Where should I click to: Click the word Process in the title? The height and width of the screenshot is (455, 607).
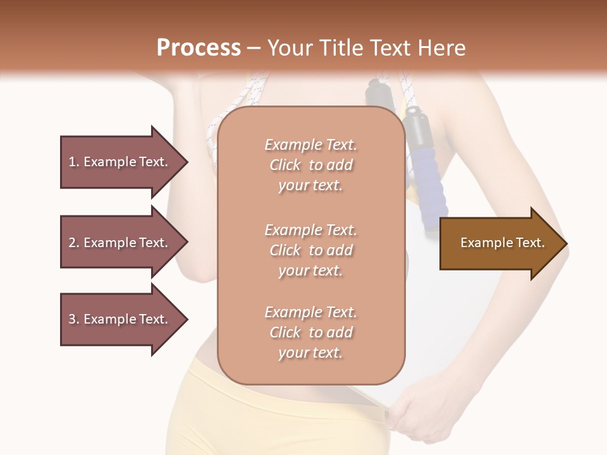(x=199, y=48)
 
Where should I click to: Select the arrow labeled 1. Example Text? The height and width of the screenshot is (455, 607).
(x=120, y=162)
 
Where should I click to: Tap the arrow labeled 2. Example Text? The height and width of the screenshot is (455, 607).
(x=120, y=243)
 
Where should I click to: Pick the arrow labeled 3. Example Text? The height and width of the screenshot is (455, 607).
(x=120, y=319)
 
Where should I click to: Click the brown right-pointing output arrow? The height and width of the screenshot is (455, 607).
(x=500, y=243)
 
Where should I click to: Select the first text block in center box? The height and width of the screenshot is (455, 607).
(x=310, y=165)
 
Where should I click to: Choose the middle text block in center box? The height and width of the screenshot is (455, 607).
(x=310, y=250)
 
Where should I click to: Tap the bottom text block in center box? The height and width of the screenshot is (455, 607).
(x=310, y=332)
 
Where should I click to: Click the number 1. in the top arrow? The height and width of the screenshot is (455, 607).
(x=74, y=162)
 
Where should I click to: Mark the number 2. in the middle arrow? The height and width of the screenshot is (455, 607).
(x=74, y=243)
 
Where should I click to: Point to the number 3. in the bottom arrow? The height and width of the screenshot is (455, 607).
(x=74, y=319)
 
